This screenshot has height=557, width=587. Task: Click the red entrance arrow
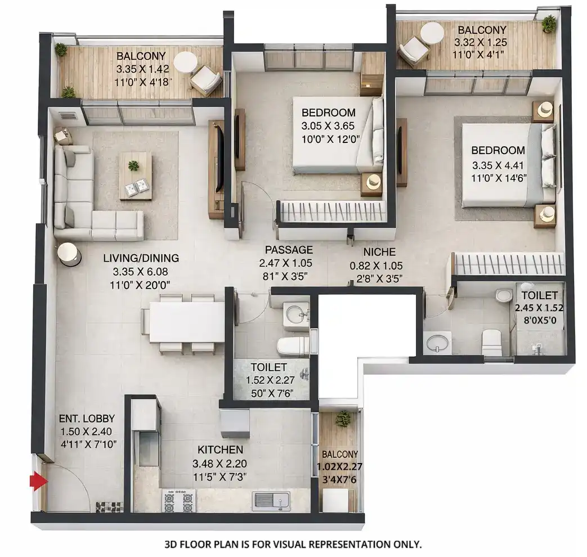click(38, 482)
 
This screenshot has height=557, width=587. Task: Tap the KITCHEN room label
click(220, 450)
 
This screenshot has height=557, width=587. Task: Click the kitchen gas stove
click(178, 500)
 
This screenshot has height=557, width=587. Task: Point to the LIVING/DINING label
click(141, 258)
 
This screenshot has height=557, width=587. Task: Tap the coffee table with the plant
click(135, 174)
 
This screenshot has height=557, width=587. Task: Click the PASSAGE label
click(289, 250)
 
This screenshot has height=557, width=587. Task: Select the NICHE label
click(379, 251)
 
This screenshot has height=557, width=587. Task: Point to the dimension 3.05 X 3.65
click(329, 125)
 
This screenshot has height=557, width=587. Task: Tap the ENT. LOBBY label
click(87, 419)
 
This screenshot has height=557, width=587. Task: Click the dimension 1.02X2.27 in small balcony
click(338, 466)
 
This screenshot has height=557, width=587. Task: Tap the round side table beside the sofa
click(69, 254)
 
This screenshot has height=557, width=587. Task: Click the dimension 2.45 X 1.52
click(539, 308)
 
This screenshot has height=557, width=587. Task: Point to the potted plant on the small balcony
click(342, 418)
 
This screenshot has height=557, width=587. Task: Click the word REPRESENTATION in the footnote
click(345, 545)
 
